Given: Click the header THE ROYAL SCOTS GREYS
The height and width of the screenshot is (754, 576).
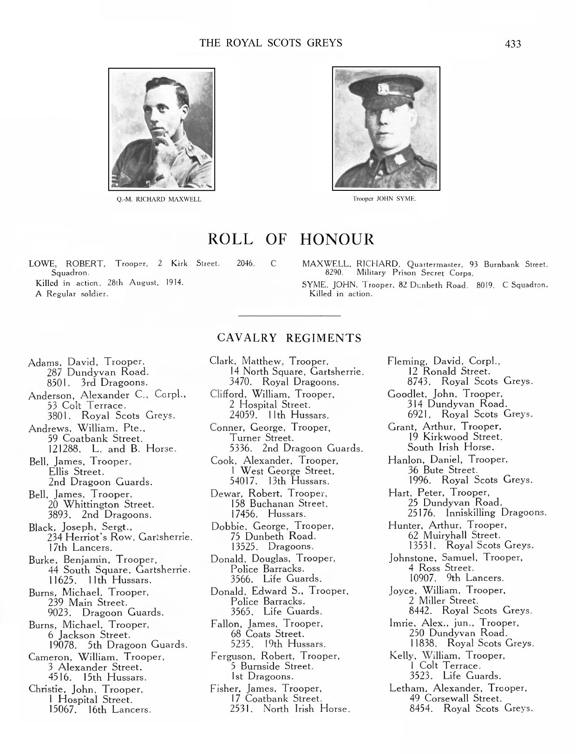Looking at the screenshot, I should tap(271, 43).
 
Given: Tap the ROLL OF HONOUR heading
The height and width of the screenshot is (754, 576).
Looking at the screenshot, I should tap(291, 240).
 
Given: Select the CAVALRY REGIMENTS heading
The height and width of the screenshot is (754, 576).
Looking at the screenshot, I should tap(289, 338).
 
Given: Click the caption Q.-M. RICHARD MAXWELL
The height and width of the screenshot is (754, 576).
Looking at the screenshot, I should tap(159, 200).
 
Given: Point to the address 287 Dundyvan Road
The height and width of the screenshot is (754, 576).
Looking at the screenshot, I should tap(98, 372).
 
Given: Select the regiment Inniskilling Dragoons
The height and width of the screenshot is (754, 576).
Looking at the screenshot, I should tap(496, 513).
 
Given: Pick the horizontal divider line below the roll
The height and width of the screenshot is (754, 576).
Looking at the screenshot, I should tap(289, 316).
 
